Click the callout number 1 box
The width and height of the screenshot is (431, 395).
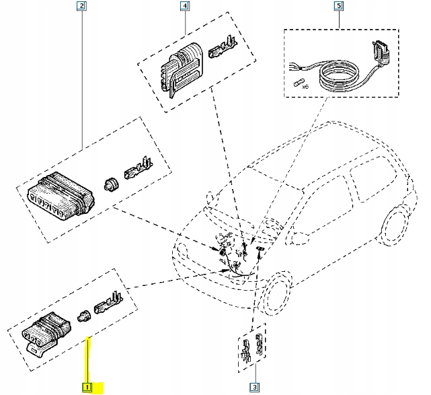87,387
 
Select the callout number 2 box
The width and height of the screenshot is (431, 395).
81,7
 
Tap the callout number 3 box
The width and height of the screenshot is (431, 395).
254,387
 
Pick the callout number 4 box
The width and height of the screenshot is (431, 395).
184,7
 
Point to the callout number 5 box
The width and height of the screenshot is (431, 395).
338,7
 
